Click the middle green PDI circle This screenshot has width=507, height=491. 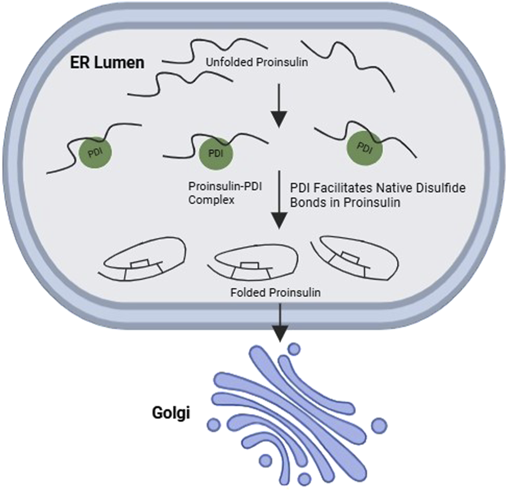tap(216, 152)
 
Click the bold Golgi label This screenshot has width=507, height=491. tap(171, 414)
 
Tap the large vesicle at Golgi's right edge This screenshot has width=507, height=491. tap(380, 423)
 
